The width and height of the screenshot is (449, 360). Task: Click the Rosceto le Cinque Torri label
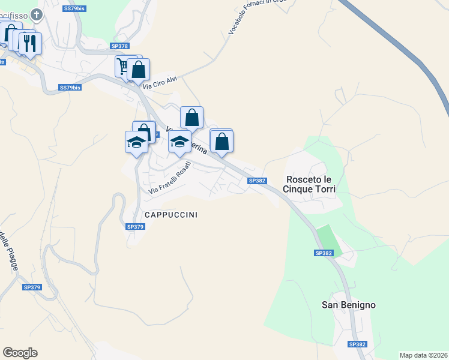(310, 184)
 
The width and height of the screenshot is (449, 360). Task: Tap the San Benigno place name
(349, 305)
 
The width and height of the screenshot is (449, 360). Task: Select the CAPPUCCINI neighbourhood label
(171, 214)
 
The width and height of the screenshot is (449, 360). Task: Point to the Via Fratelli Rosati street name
(170, 178)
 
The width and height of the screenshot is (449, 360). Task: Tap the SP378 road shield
(119, 46)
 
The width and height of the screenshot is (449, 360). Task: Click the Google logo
(20, 353)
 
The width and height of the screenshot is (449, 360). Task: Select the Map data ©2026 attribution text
(423, 355)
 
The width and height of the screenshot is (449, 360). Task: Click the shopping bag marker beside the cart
(139, 70)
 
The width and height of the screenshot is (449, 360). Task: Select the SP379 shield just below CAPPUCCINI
(136, 226)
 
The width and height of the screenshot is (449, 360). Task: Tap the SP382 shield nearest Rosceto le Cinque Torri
(256, 181)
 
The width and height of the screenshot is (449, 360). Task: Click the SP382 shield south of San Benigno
(358, 344)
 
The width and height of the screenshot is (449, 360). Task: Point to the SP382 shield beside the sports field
(324, 253)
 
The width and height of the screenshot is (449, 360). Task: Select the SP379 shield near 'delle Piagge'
(31, 287)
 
